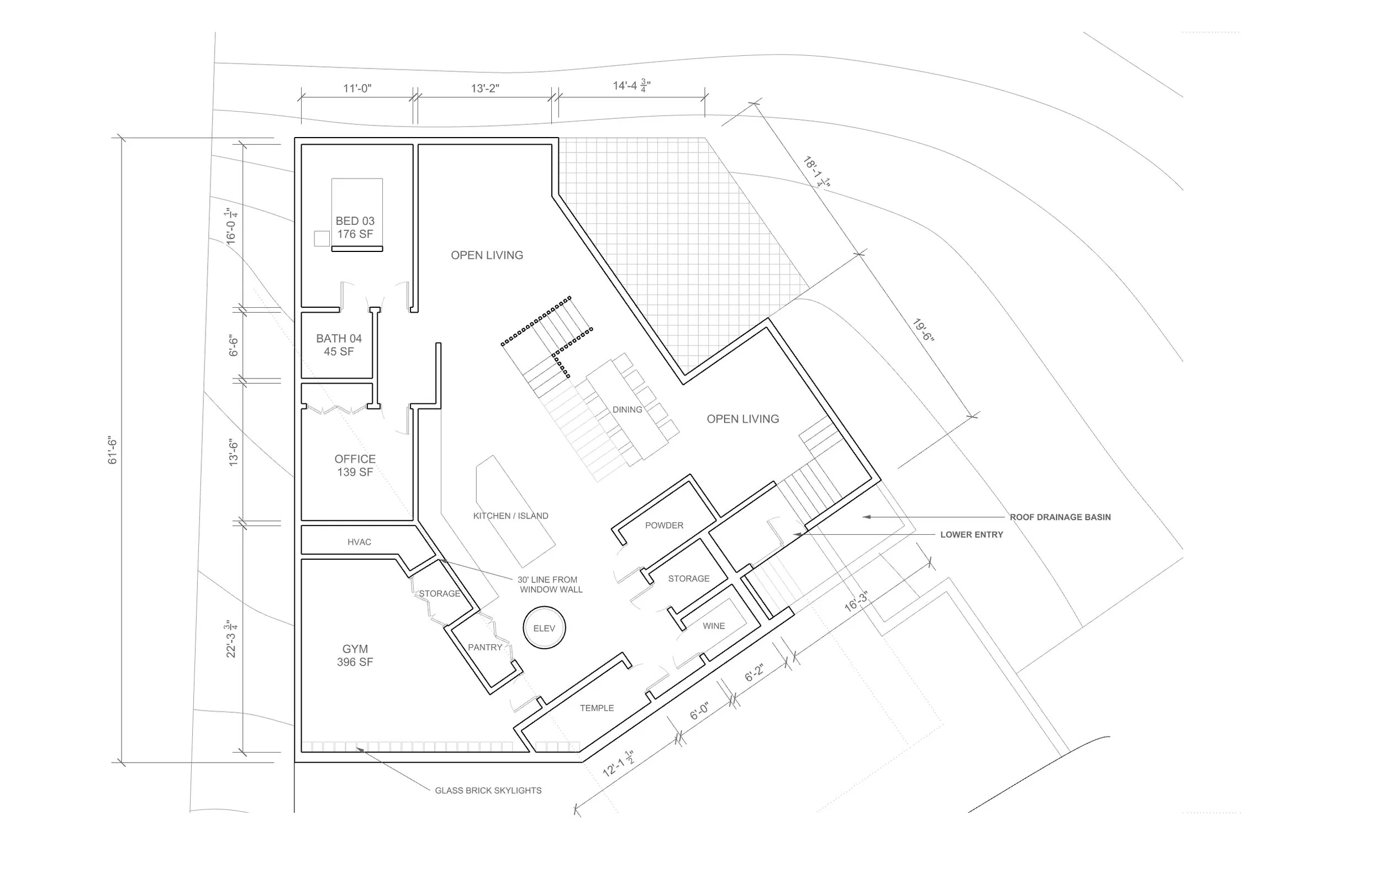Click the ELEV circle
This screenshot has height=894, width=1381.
(x=544, y=628)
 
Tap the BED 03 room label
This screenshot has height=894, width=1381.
(x=355, y=228)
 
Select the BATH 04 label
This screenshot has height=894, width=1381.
(x=339, y=345)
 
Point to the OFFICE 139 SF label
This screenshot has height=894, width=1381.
(x=355, y=466)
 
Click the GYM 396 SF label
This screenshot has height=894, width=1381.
(x=355, y=655)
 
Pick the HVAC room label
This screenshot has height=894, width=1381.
(x=359, y=542)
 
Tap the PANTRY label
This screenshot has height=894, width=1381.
(x=485, y=647)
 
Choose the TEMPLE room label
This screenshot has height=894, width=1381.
(x=597, y=708)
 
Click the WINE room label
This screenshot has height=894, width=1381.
(x=714, y=626)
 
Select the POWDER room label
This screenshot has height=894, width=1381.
(x=665, y=525)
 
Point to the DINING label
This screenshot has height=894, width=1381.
(x=628, y=410)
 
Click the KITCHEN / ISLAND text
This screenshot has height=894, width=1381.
(x=510, y=516)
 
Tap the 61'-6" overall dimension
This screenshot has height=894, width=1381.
(x=113, y=450)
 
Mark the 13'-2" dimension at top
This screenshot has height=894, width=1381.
(x=485, y=88)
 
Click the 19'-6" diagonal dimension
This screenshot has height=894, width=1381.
(x=923, y=331)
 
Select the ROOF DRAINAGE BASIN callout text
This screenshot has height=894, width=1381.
(x=1060, y=517)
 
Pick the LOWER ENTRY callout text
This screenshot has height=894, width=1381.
(x=971, y=535)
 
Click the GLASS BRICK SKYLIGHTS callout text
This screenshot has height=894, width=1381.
(x=488, y=791)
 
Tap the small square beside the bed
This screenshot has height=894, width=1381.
(x=322, y=239)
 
